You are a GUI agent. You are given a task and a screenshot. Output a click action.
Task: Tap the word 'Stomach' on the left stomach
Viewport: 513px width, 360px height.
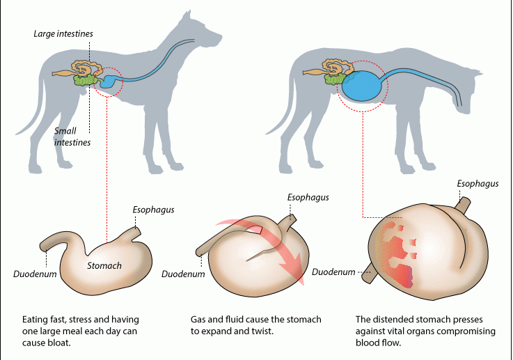104,265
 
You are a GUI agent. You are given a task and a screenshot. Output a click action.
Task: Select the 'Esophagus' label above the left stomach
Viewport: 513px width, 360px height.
153,209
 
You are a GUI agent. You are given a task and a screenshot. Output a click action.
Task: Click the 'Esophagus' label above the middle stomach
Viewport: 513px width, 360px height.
308,197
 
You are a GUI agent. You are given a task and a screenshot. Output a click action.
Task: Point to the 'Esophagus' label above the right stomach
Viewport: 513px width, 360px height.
478,183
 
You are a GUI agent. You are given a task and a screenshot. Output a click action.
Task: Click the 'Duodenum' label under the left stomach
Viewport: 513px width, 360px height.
35,274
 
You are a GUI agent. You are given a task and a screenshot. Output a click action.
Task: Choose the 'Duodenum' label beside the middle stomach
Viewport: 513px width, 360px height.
183,274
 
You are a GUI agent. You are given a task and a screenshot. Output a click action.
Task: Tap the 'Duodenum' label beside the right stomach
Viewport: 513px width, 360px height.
333,272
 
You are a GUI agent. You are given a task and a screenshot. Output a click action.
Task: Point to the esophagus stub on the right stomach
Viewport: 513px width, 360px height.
463,204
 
